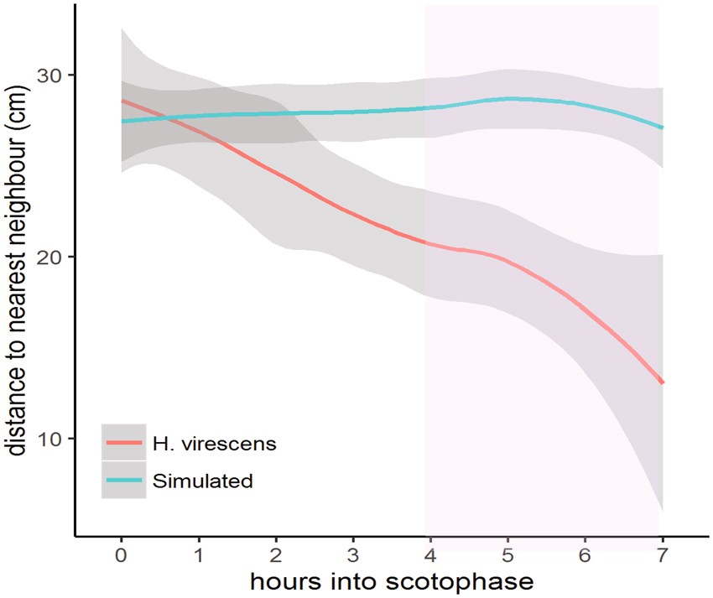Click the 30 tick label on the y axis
click(55, 75)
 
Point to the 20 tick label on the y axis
click(55, 257)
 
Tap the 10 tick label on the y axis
click(55, 439)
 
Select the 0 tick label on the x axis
click(122, 555)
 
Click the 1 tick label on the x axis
click(199, 555)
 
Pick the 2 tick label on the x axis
click(276, 555)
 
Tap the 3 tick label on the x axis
click(353, 555)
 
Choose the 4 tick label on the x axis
click(430, 555)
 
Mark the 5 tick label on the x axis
click(507, 555)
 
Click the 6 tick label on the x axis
click(585, 555)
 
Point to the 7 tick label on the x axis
click(663, 555)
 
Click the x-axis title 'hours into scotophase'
click(392, 580)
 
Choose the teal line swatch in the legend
click(124, 481)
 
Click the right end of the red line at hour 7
click(663, 382)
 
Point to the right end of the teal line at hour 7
click(663, 127)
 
